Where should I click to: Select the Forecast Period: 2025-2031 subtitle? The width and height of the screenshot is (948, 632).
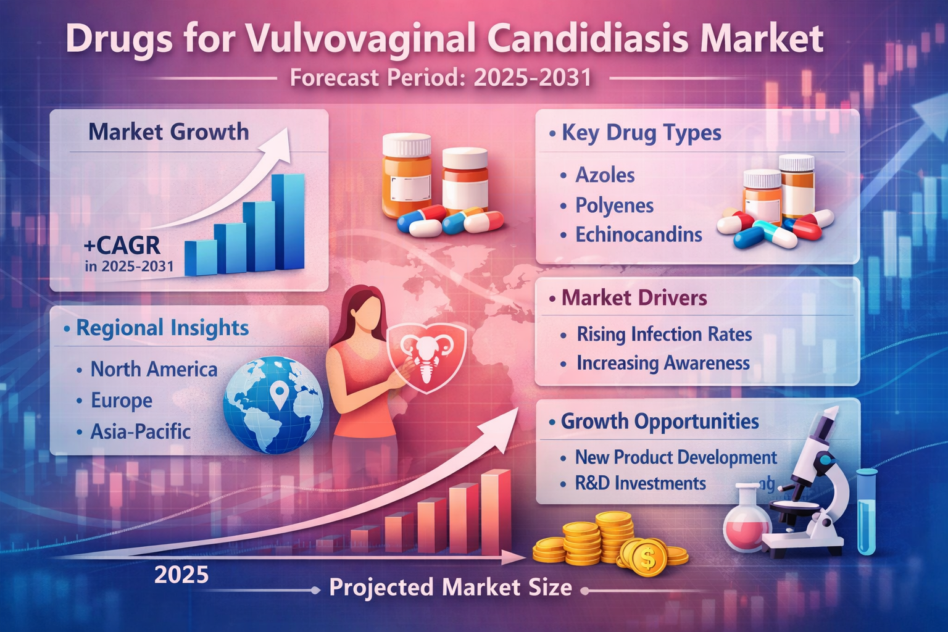(441, 78)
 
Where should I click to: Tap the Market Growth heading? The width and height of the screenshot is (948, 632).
(168, 131)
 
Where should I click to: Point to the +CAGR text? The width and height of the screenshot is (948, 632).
(122, 245)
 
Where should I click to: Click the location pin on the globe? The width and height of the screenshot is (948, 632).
(279, 395)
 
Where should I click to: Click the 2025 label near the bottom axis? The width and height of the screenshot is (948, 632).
(181, 575)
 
